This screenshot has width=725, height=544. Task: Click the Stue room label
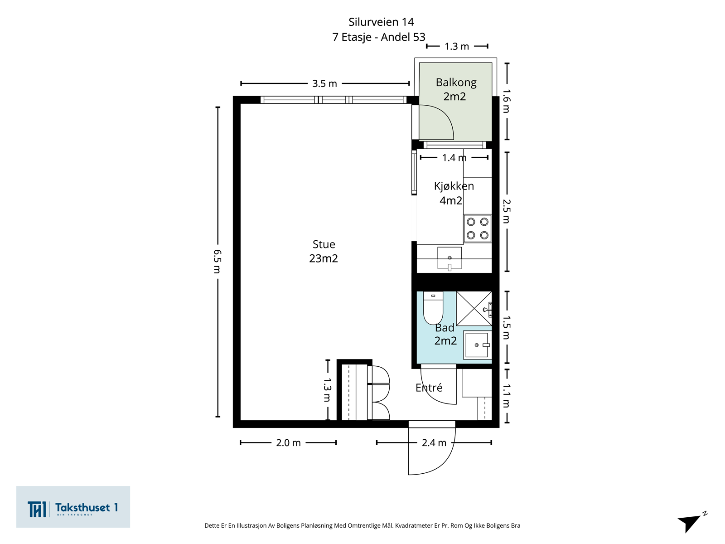click(x=324, y=244)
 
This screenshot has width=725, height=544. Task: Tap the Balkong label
click(x=456, y=83)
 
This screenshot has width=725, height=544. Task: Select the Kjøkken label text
click(x=454, y=186)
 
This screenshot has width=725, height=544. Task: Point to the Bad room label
click(x=444, y=328)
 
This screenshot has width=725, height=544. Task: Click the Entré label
click(x=429, y=387)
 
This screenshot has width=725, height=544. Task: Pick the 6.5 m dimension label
click(x=217, y=262)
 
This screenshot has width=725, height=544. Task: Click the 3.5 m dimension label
click(x=324, y=83)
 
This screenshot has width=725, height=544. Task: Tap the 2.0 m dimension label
click(x=288, y=442)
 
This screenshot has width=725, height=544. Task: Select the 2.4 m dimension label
click(x=434, y=442)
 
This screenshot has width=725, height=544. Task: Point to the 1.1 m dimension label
click(x=506, y=395)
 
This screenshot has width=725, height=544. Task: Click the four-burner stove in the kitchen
click(x=477, y=228)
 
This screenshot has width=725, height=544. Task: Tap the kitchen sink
click(x=449, y=258)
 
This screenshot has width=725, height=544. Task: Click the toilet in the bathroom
click(x=433, y=308)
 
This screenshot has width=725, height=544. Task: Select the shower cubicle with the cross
click(x=474, y=309)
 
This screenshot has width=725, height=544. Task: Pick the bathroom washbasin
click(x=477, y=345)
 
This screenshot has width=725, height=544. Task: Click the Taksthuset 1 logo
click(x=73, y=507)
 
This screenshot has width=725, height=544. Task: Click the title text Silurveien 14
click(x=381, y=22)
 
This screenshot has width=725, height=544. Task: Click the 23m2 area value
click(x=324, y=258)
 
